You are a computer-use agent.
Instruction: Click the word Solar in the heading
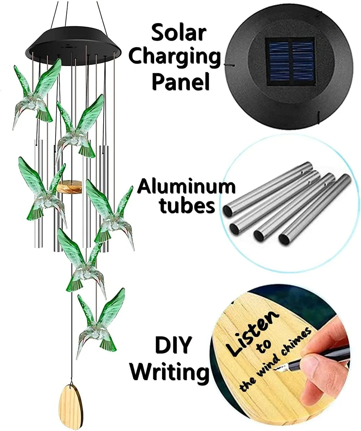click(179, 33)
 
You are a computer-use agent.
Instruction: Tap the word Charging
click(175, 58)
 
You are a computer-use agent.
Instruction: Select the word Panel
click(180, 82)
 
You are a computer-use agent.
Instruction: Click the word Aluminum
click(186, 187)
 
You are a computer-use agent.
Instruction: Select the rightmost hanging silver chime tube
click(104, 198)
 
